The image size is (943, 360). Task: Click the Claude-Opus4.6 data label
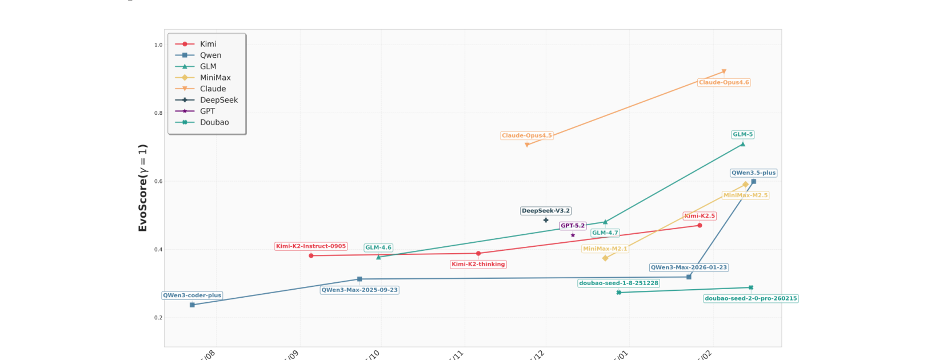(724, 82)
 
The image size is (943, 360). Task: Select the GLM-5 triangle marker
(742, 144)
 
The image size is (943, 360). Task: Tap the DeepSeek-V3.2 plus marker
(546, 220)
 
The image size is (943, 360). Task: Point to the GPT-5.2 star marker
(573, 235)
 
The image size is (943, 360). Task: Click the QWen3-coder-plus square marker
(192, 305)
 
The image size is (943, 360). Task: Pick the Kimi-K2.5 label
(700, 216)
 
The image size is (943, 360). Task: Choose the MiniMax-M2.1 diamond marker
(605, 258)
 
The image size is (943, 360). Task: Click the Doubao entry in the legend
(214, 122)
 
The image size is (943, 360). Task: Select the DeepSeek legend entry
(218, 100)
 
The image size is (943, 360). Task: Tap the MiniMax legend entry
(215, 78)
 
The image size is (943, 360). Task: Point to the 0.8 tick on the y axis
(158, 113)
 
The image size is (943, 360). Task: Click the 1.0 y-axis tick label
(158, 45)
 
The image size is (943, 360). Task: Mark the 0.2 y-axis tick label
(158, 318)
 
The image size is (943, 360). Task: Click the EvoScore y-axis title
(143, 188)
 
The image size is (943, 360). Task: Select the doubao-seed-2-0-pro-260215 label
(750, 298)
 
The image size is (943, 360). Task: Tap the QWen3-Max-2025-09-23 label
(359, 290)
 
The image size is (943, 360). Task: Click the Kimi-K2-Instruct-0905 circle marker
(311, 255)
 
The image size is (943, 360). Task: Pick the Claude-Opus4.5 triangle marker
(527, 145)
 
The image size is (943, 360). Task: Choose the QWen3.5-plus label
(753, 173)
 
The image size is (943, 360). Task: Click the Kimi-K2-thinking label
(478, 265)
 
